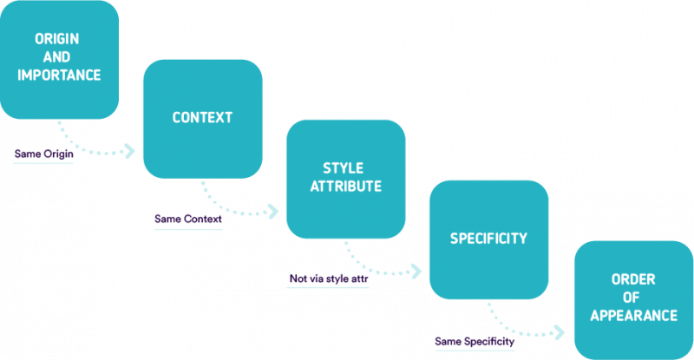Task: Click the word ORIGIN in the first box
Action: coord(58,39)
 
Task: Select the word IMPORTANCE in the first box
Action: coord(59,75)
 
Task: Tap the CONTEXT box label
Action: coord(202,117)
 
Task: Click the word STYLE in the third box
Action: coord(344,168)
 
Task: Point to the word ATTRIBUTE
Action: coord(345,186)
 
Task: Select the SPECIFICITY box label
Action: coord(488,238)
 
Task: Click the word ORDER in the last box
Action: coord(633,280)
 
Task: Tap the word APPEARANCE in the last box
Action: coord(633,316)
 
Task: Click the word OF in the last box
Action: coord(633,298)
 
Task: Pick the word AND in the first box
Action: coord(58,57)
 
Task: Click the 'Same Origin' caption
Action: coord(43,154)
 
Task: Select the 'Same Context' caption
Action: coord(187,219)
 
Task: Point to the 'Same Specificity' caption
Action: coord(474,342)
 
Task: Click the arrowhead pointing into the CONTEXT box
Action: coord(131,152)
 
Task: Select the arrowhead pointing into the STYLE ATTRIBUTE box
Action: coord(274,211)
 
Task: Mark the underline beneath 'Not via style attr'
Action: coord(330,288)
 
